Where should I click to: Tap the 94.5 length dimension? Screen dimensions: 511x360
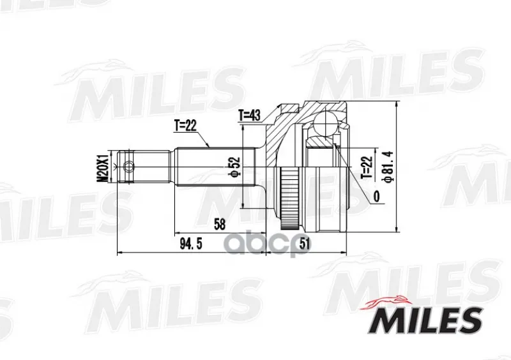click(x=191, y=243)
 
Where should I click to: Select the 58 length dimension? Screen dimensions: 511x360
click(x=220, y=224)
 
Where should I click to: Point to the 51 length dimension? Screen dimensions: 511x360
click(x=304, y=243)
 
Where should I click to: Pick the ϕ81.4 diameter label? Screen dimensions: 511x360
click(x=389, y=167)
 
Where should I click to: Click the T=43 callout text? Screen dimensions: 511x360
click(x=250, y=115)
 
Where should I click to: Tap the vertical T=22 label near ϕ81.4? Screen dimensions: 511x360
click(x=367, y=167)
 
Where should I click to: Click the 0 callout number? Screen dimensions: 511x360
click(x=376, y=197)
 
